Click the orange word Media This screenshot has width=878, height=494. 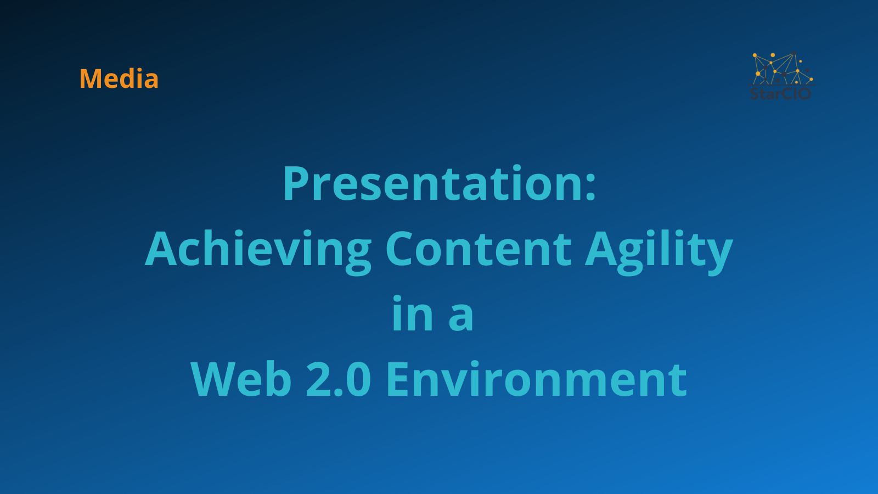pyautogui.click(x=119, y=78)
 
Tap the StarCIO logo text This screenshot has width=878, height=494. pyautogui.click(x=780, y=93)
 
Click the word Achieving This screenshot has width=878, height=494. pyautogui.click(x=258, y=250)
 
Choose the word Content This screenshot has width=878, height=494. pyautogui.click(x=479, y=250)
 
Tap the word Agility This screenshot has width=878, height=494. pyautogui.click(x=658, y=250)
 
